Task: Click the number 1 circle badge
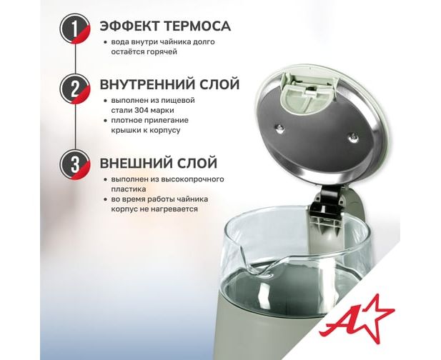[75, 29]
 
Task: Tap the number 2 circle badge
[75, 89]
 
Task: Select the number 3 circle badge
[75, 164]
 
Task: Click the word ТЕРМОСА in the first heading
[197, 26]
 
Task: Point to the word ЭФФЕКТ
[130, 26]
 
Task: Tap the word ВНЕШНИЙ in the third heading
[136, 163]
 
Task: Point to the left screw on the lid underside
[279, 128]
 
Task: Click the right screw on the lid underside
[352, 137]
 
